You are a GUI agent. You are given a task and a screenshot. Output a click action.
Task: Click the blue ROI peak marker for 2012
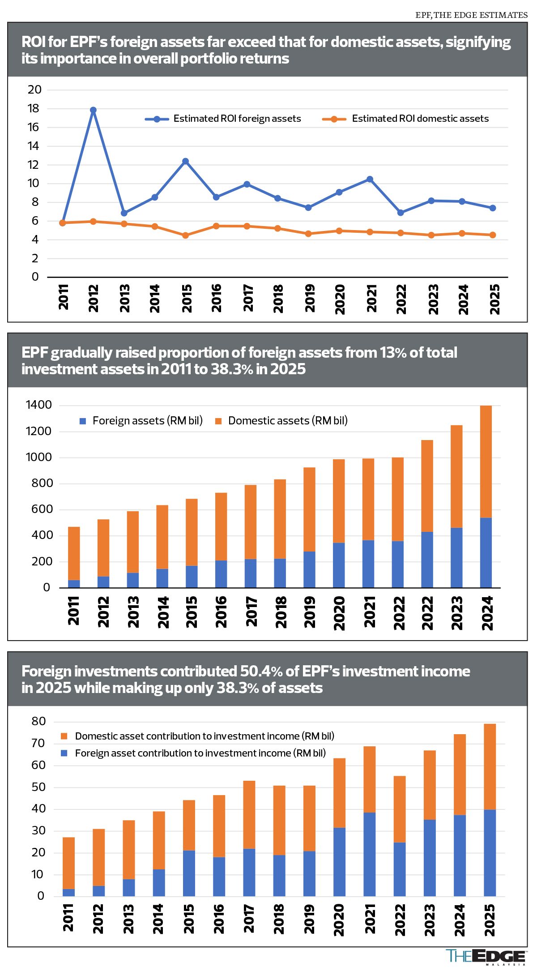coord(93,110)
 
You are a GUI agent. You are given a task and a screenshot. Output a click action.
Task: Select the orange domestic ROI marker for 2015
coord(185,235)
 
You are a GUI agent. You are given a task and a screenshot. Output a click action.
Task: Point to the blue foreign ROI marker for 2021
coord(370,179)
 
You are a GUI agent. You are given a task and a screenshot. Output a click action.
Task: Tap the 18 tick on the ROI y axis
coord(34,108)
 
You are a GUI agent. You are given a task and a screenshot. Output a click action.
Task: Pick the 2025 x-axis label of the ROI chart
coord(494,299)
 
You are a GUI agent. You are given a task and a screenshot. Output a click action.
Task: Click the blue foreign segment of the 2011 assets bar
coord(74,584)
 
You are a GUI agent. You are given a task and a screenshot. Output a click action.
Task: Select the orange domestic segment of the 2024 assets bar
coord(486,462)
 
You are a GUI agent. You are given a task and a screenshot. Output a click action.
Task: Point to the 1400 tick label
coord(39,405)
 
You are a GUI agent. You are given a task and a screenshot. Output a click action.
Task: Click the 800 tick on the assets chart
coord(43,483)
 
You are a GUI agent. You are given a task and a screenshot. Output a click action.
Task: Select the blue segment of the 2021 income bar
coord(369,854)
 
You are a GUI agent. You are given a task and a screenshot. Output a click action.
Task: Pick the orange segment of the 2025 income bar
coord(490,766)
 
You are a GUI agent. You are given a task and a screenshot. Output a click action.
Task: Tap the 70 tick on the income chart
coord(38,743)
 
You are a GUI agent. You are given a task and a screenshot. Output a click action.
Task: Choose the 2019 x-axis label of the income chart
coord(309,919)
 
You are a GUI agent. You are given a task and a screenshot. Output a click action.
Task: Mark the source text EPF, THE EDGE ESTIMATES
coord(471,15)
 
